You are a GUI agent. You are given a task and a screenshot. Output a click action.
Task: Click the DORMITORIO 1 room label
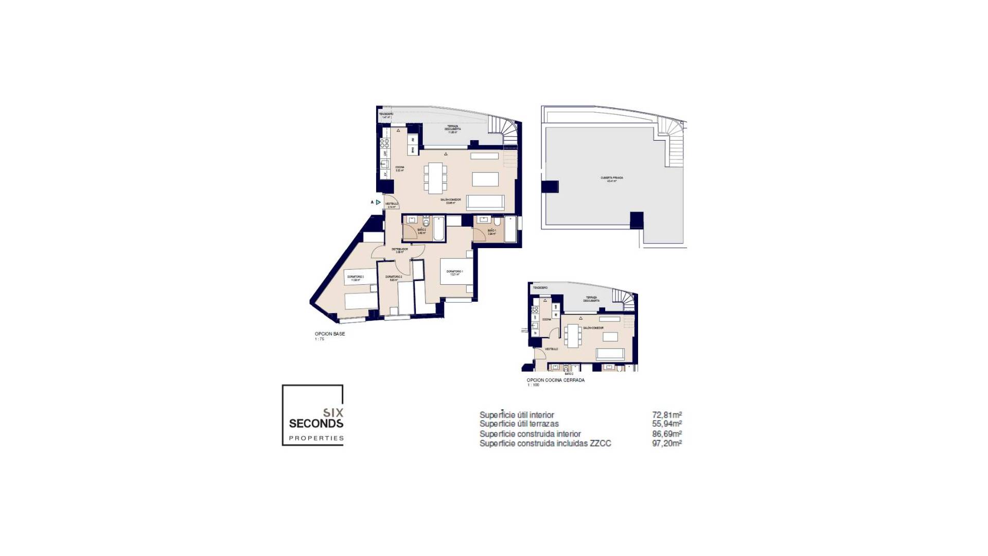[454, 272]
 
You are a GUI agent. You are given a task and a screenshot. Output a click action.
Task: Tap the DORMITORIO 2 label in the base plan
[394, 278]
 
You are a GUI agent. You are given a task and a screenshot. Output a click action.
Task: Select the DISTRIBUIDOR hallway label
[399, 250]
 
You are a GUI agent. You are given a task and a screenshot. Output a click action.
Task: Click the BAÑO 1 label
[492, 231]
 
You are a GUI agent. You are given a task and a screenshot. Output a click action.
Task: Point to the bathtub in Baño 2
[438, 229]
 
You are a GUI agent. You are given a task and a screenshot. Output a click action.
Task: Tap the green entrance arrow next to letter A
[378, 202]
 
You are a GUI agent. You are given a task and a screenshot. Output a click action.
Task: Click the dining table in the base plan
[435, 178]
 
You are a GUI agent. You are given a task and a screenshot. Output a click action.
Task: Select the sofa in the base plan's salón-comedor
[485, 202]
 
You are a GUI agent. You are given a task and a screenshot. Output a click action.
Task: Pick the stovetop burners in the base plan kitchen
[384, 143]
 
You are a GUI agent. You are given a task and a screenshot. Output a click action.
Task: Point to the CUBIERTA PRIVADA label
[612, 179]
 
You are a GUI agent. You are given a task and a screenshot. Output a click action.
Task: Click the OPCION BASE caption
[330, 334]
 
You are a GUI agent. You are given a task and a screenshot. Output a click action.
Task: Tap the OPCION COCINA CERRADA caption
[555, 380]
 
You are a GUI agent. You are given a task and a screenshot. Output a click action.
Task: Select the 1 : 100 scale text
[533, 385]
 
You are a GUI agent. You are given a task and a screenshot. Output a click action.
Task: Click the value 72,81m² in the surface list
[666, 415]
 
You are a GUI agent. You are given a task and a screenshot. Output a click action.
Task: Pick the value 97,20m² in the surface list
[666, 443]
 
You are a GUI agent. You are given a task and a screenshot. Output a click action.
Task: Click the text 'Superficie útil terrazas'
[519, 424]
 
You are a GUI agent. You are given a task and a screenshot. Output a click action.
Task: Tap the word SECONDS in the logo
[316, 424]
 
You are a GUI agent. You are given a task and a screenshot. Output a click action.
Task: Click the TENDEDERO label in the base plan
[386, 114]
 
